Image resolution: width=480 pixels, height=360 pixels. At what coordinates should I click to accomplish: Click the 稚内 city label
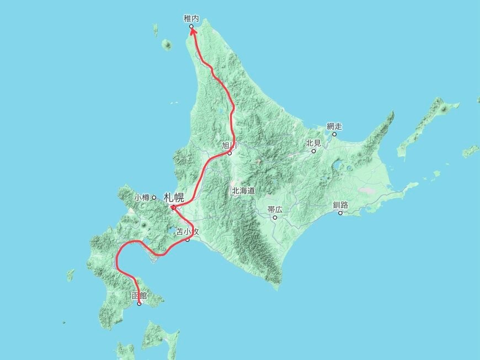coord(191,19)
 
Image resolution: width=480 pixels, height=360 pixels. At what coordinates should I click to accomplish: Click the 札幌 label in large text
coord(174,197)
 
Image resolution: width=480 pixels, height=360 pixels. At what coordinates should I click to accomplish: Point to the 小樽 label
coord(142,197)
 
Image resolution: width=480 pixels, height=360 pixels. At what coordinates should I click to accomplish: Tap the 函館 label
coord(140,296)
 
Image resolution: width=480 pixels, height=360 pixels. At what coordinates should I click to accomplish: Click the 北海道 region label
coord(243,190)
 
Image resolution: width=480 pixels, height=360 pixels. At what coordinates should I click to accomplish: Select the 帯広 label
coord(274,210)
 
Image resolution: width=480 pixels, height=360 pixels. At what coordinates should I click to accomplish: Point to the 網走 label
coord(334,126)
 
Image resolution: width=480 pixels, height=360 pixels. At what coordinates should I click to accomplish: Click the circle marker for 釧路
coord(340,213)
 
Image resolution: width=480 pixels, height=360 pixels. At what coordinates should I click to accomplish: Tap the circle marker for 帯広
coord(275,218)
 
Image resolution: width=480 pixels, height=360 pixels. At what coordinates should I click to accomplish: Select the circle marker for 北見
coord(313,151)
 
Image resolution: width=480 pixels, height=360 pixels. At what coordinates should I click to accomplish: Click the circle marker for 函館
coord(139,304)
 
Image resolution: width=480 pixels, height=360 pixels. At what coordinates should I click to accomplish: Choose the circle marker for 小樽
coord(154,197)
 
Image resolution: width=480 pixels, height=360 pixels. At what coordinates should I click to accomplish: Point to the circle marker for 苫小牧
coord(188,240)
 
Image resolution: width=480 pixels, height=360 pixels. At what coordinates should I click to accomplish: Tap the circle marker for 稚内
coord(191,26)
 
